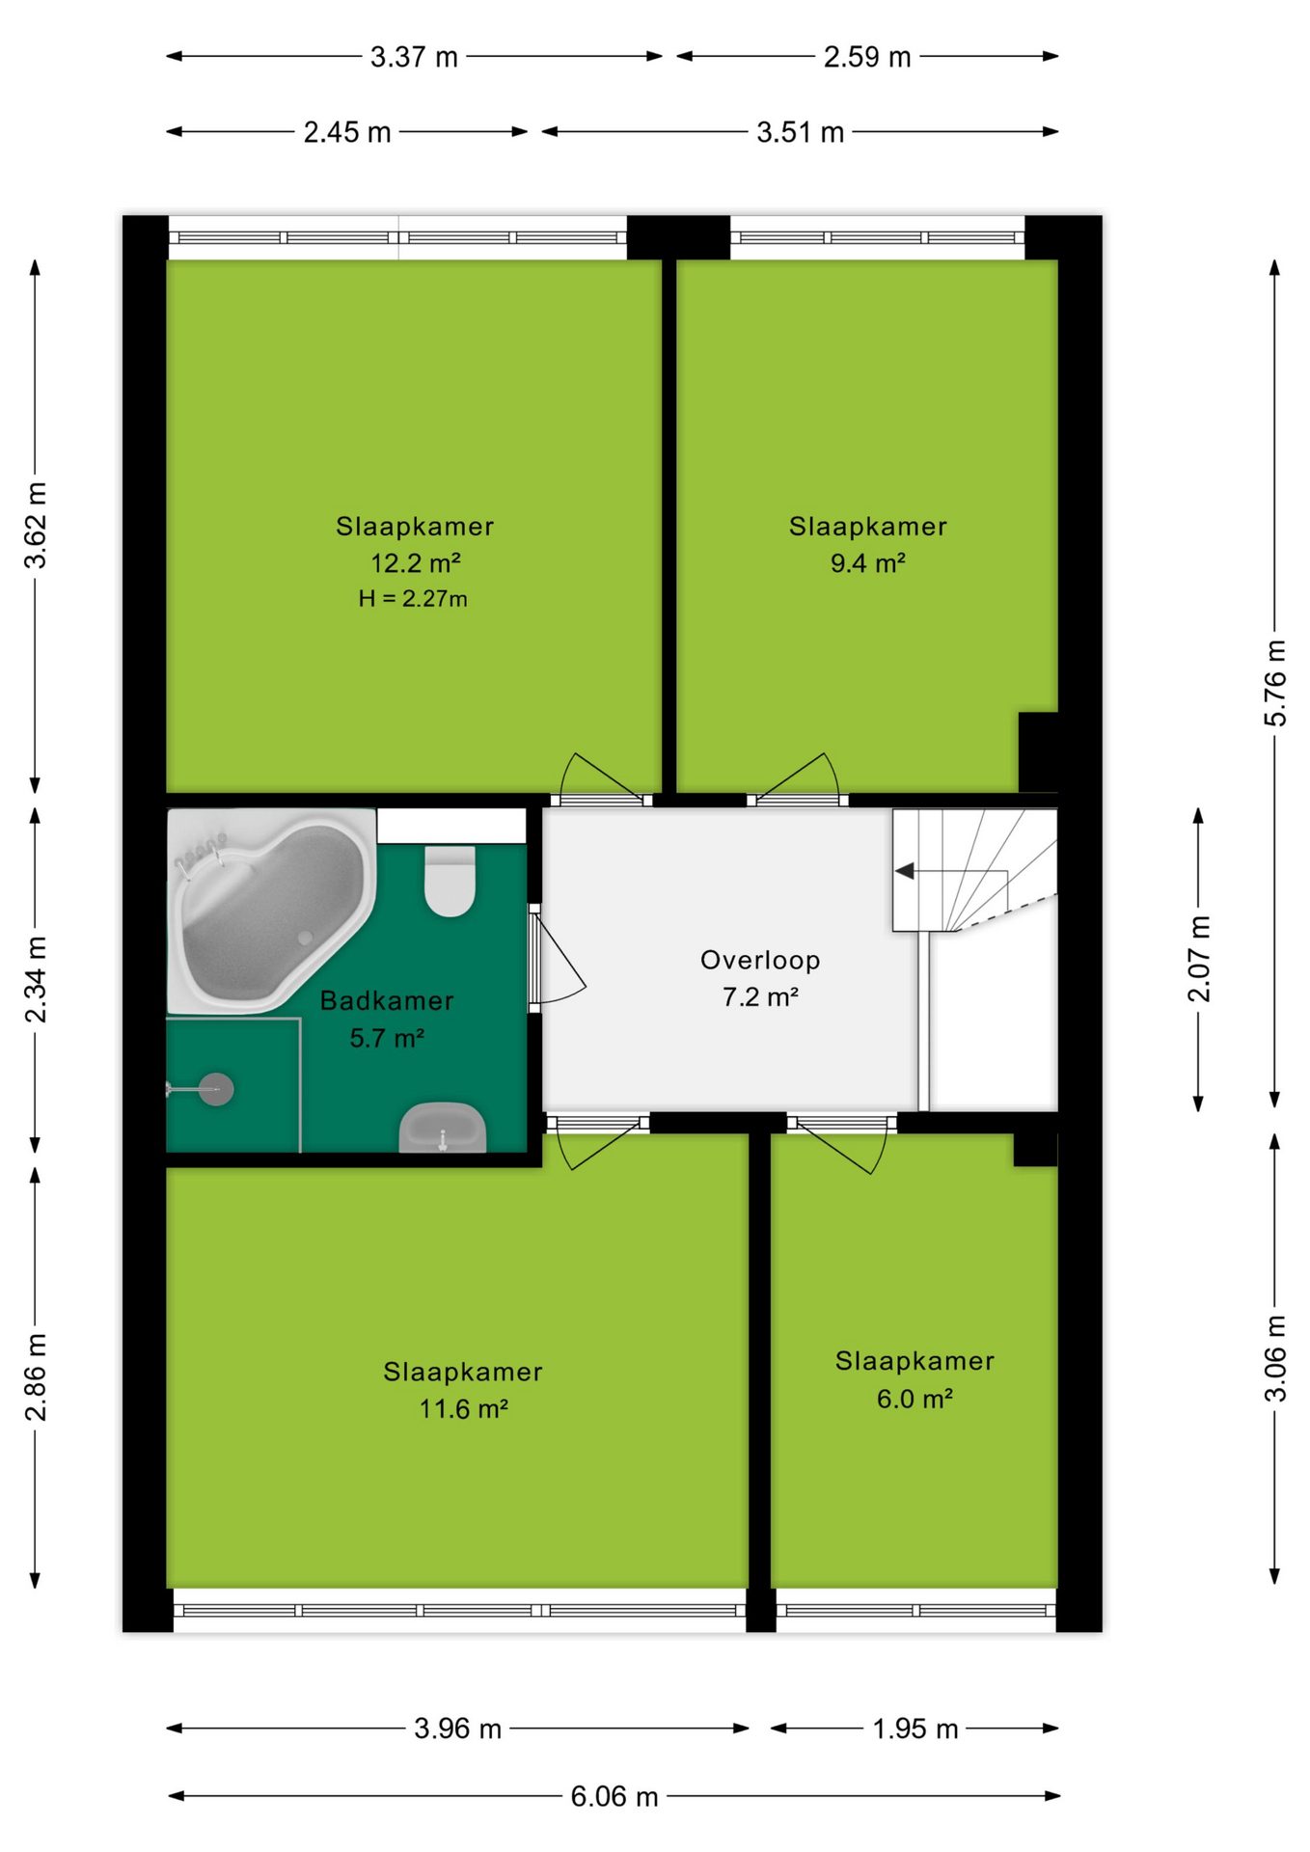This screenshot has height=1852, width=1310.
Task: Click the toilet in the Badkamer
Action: pos(450,881)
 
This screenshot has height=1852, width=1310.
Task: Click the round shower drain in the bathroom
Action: pos(216,1089)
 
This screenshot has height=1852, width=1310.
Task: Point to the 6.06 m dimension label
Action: pos(614,1796)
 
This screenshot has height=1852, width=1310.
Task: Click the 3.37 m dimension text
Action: pos(414,57)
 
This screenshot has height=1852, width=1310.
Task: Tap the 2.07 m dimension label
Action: pos(1198,959)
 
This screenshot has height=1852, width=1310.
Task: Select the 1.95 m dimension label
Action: pos(915,1729)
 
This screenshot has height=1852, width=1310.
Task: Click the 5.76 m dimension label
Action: pos(1275,683)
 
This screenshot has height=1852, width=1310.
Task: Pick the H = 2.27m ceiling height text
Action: pos(413,599)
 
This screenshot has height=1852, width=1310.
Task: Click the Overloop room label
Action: pos(760,960)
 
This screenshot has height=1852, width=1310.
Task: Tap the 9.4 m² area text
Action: pos(868,562)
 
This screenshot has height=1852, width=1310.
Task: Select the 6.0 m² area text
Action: pos(914,1398)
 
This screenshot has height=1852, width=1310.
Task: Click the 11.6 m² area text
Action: pos(463,1408)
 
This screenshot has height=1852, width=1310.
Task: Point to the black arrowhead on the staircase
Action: pos(904,871)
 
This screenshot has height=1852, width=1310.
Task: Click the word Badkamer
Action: pos(387,1000)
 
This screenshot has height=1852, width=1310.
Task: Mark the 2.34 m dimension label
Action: pos(36,979)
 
